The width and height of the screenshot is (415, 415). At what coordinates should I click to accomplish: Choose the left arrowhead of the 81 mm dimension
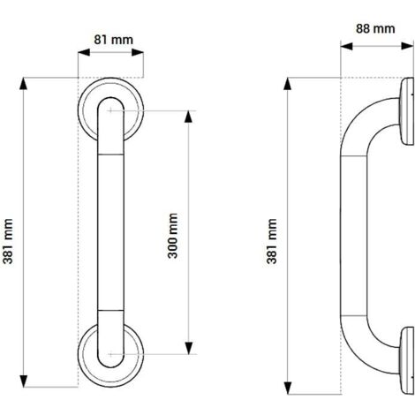(x=82, y=52)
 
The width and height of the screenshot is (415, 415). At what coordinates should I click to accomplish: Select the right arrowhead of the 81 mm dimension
(x=140, y=52)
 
